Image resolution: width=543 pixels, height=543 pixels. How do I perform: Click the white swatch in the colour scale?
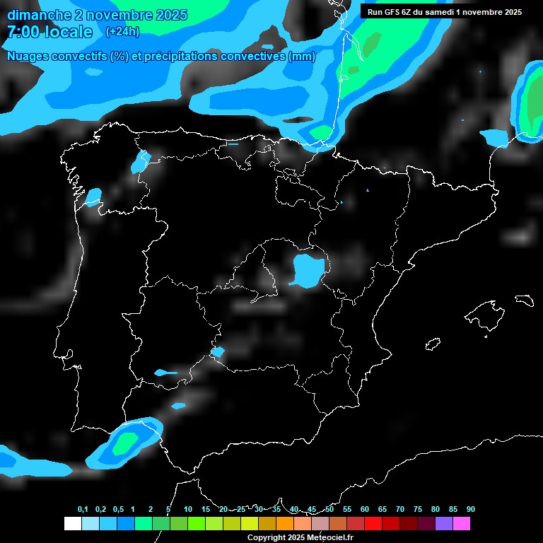(73, 523)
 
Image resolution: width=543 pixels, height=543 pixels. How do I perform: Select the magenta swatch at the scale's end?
(462, 523)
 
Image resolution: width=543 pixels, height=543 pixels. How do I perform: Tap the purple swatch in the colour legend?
(444, 523)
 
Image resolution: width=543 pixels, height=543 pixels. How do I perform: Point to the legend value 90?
(471, 510)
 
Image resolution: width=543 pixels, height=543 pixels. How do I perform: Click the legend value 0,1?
(83, 510)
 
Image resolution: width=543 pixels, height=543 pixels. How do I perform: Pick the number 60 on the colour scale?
(365, 510)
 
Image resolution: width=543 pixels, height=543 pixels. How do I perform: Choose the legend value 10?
(188, 510)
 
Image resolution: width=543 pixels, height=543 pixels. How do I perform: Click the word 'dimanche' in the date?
(40, 15)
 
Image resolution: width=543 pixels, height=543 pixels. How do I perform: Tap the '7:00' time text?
(25, 33)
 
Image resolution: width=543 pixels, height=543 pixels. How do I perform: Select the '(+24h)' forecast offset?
(122, 32)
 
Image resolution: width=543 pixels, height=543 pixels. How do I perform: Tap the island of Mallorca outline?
(487, 312)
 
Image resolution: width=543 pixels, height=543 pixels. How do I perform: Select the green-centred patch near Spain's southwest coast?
(127, 441)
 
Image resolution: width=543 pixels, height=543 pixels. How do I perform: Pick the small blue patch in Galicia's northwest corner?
(93, 197)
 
